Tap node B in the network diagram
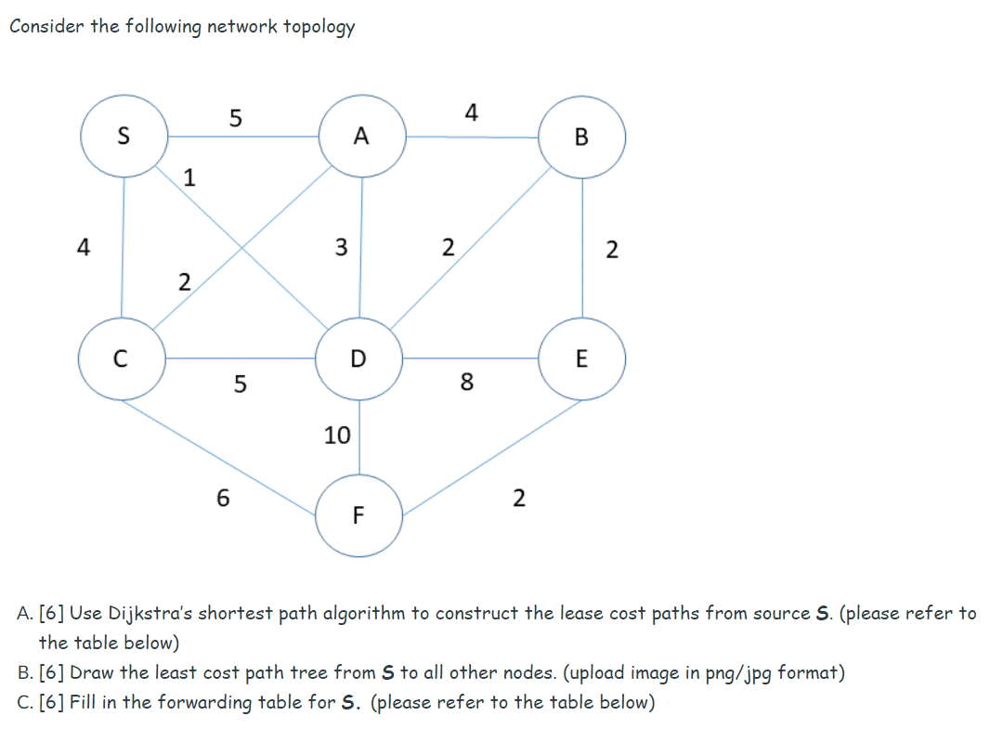pos(581,137)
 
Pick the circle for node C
pos(122,358)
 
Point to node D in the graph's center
pos(359,358)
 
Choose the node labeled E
pos(581,358)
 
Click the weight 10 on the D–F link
pos(337,435)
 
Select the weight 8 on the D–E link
pos(466,382)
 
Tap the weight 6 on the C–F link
pos(222,498)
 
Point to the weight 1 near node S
pos(189,176)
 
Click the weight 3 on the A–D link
pos(341,247)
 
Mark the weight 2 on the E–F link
pos(518,499)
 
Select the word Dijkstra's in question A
pos(150,613)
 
